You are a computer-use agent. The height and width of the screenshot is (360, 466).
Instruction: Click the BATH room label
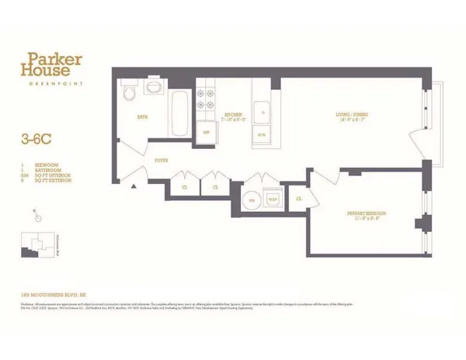click(142, 117)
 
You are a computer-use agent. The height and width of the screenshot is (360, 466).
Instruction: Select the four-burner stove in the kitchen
click(207, 99)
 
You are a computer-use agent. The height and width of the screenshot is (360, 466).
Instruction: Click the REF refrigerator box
click(207, 132)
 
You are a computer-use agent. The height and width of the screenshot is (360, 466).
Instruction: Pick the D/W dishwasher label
click(262, 134)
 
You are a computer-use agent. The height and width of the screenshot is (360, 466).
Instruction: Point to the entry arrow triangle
click(135, 187)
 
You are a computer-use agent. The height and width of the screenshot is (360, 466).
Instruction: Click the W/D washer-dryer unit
click(273, 199)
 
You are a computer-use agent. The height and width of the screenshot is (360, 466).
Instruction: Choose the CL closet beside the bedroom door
click(299, 199)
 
